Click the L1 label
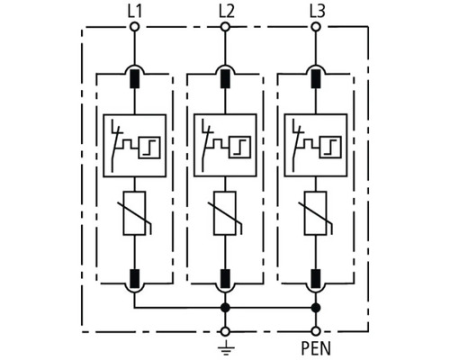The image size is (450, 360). tap(135, 12)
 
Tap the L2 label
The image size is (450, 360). tap(226, 12)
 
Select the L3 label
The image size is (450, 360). tap(317, 12)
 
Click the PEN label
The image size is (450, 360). tap(316, 348)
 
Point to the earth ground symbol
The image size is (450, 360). tap(226, 347)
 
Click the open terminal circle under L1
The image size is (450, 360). tap(135, 27)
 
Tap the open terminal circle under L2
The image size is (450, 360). tap(225, 27)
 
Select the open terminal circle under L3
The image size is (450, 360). tap(316, 27)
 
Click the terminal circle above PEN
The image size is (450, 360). tap(316, 331)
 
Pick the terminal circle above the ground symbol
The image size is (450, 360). tap(225, 331)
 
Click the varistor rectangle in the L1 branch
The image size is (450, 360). tap(135, 213)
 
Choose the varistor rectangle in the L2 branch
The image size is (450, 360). tap(225, 213)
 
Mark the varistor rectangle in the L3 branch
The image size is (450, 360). tap(316, 213)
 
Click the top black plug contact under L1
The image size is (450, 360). tap(135, 79)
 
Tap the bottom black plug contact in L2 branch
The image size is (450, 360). tap(225, 279)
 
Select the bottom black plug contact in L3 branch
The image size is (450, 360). tap(316, 279)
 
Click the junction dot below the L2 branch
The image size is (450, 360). tap(225, 308)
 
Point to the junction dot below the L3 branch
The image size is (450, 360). tap(316, 308)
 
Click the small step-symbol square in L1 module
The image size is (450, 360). tap(149, 148)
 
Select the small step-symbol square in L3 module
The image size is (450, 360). tap(330, 148)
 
